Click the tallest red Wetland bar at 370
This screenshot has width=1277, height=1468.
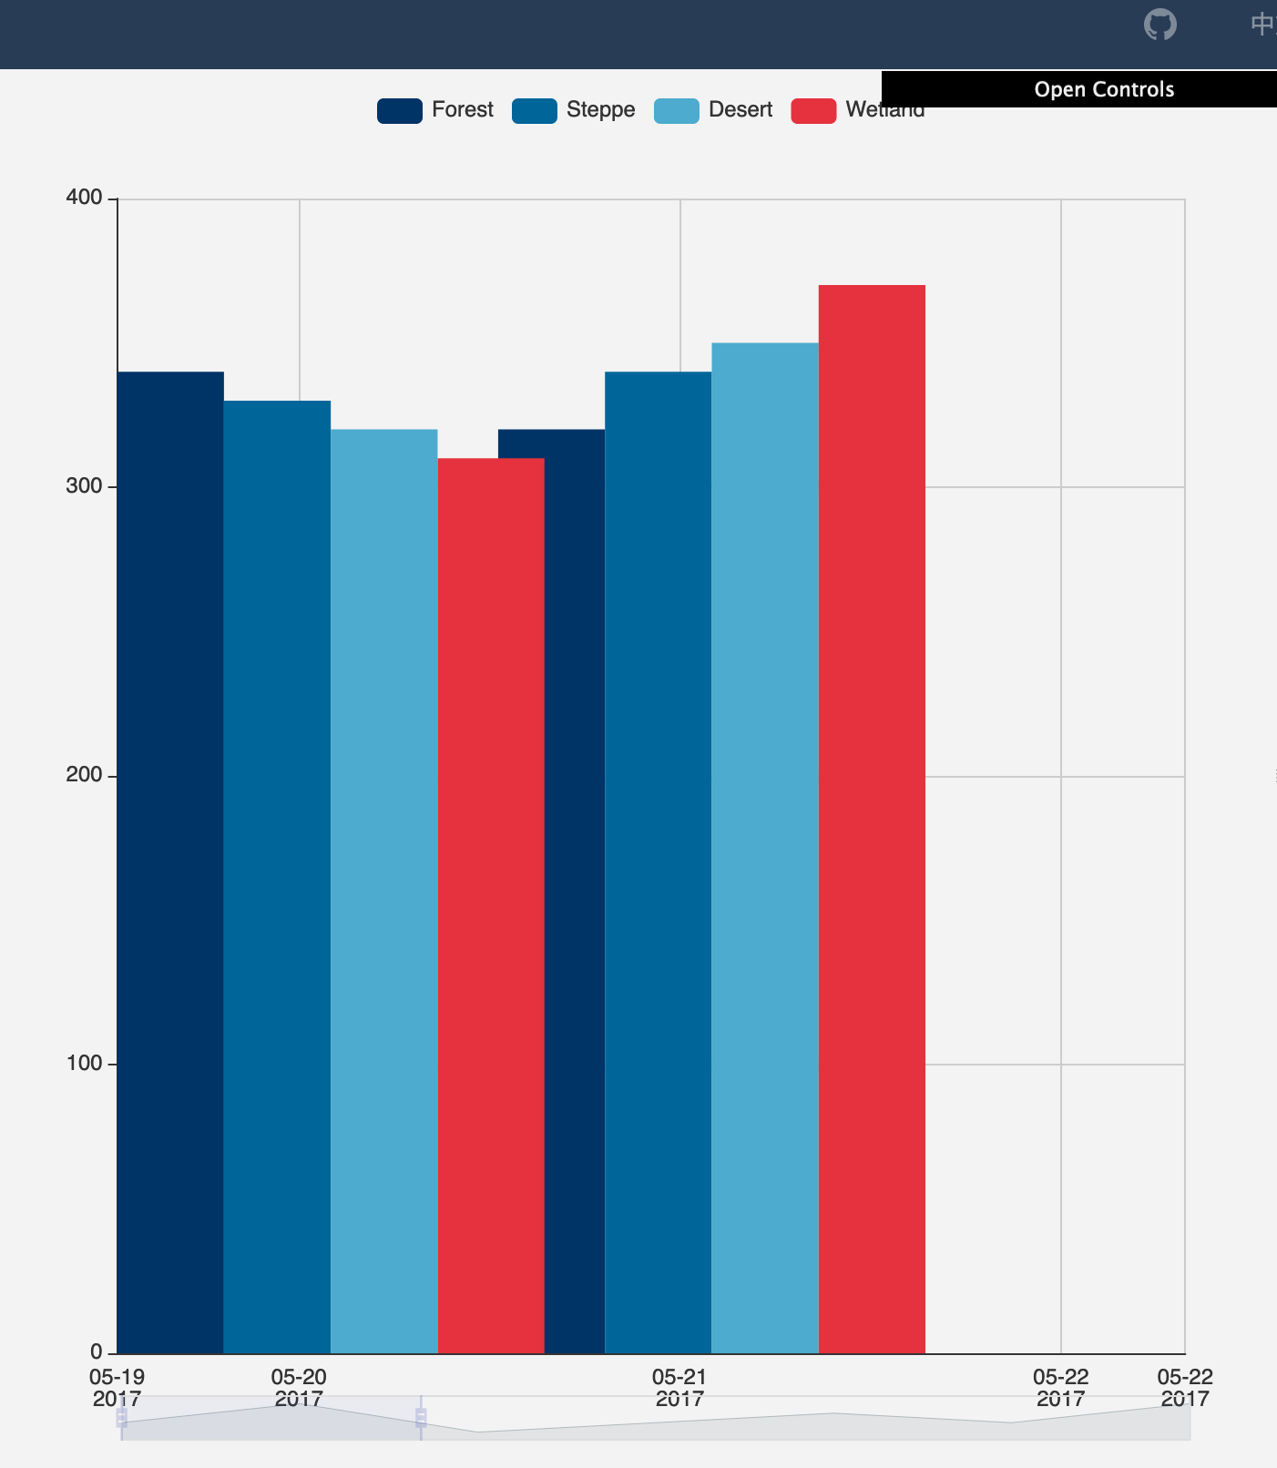[x=872, y=819]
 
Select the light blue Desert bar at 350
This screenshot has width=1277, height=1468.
[x=765, y=847]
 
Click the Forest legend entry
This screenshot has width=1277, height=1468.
[x=435, y=110]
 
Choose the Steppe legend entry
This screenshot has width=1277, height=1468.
[x=574, y=110]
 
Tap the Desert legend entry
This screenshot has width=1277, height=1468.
[x=713, y=110]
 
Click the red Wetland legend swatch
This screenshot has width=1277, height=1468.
[x=813, y=111]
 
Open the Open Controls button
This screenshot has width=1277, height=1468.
[x=1103, y=89]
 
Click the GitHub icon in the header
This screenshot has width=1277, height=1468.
[x=1160, y=25]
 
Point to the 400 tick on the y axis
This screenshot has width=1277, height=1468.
[x=84, y=198]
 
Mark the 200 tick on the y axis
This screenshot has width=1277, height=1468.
[x=84, y=775]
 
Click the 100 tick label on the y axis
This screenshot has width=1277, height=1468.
[x=84, y=1063]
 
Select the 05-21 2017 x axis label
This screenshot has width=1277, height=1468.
[x=679, y=1387]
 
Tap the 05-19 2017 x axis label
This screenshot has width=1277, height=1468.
[x=117, y=1387]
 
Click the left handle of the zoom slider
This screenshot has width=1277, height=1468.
[x=121, y=1418]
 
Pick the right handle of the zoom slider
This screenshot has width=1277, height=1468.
[x=421, y=1418]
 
